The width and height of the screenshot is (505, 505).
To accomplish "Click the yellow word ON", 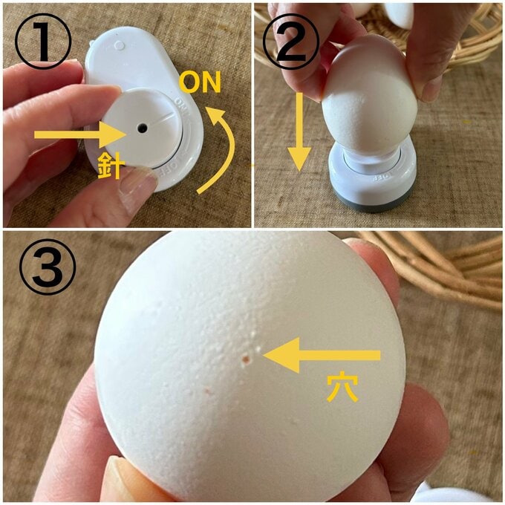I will coord(201,83).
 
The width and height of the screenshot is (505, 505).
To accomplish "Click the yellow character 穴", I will coord(342,388).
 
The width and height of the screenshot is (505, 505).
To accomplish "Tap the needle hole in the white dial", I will coord(140,129).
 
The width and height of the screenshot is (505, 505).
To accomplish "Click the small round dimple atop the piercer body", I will coord(120,45).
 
